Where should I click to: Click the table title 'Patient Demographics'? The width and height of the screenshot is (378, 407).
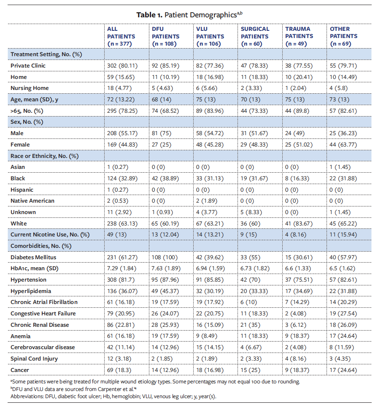[x=200, y=15]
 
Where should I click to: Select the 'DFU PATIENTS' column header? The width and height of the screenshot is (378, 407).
[x=165, y=36]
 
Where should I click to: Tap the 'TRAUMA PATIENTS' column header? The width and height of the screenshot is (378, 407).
[x=299, y=36]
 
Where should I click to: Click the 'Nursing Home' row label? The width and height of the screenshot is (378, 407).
[x=30, y=88]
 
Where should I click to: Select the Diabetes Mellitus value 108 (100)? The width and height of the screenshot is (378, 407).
[x=166, y=257]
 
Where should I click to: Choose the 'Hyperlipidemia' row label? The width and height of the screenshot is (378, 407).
[x=30, y=291]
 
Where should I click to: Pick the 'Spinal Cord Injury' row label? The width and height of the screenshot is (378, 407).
[x=34, y=358]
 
